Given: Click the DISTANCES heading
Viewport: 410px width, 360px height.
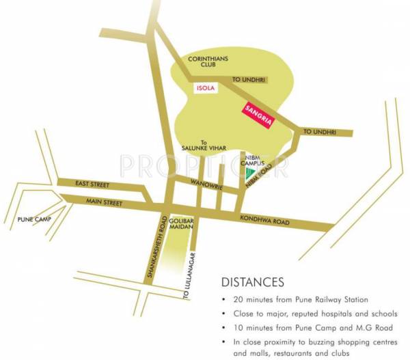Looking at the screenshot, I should pyautogui.click(x=253, y=281).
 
